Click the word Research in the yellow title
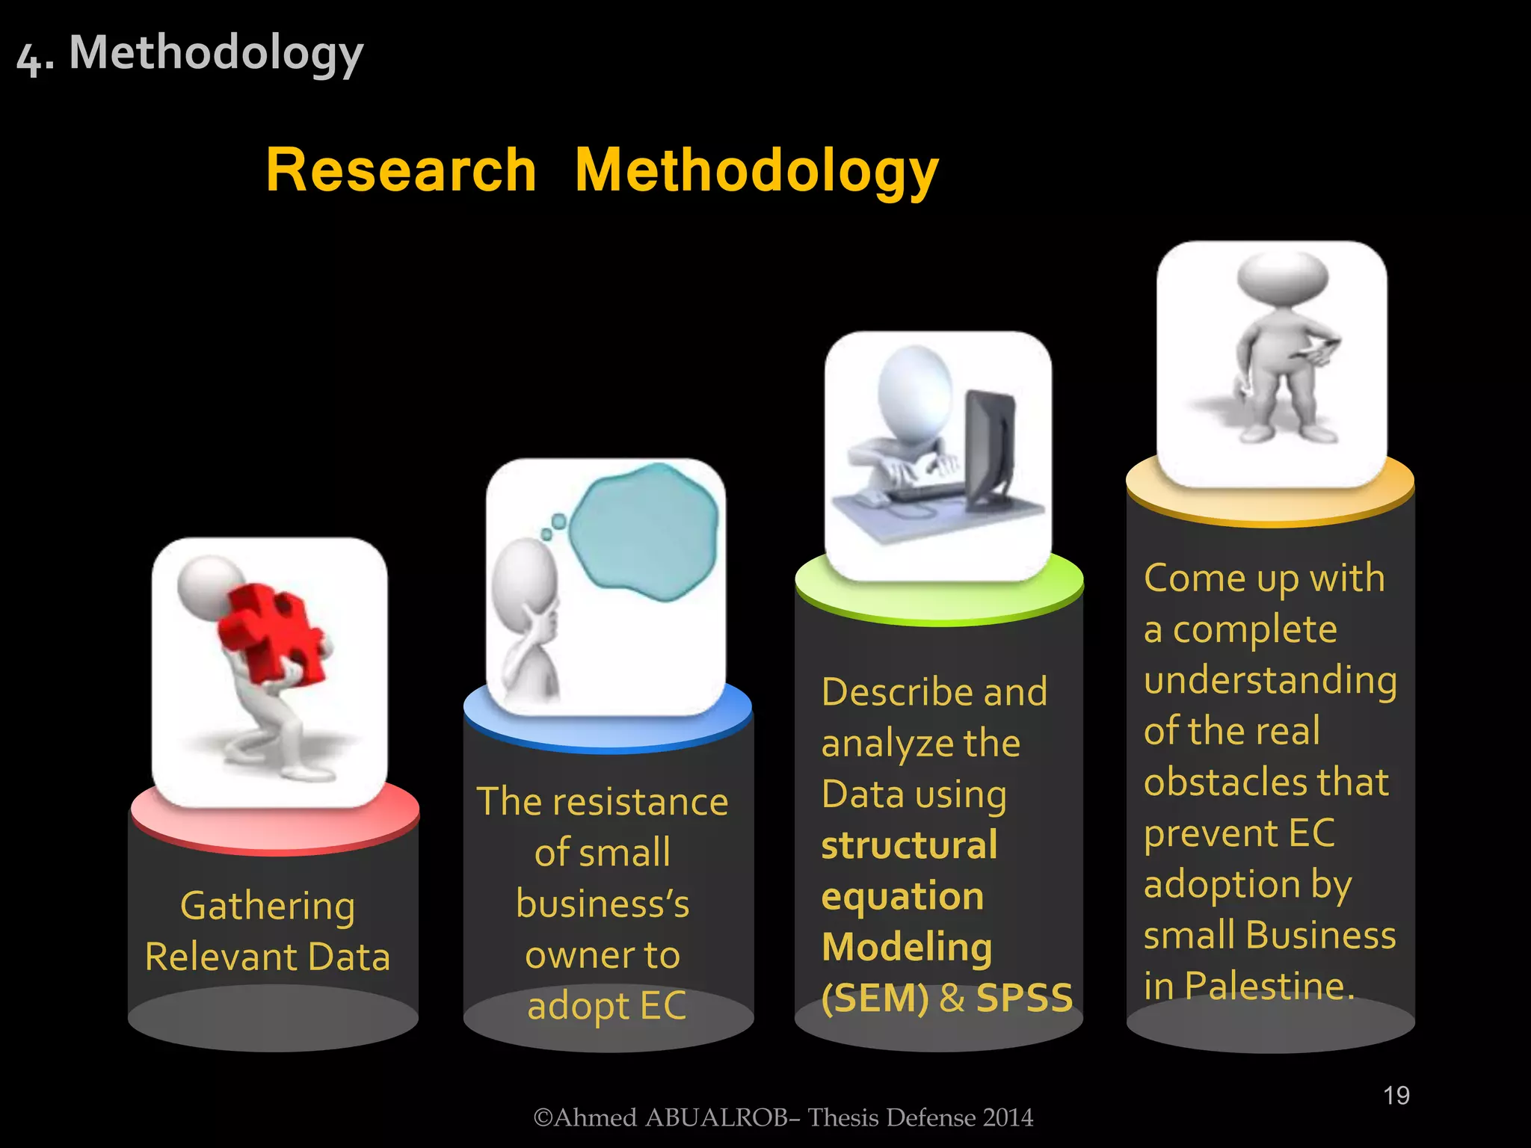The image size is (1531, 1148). tap(401, 170)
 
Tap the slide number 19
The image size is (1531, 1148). tap(1396, 1096)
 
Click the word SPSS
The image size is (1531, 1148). tap(1024, 998)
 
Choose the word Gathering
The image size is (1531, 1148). tap(268, 907)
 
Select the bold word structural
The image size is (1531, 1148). tap(909, 845)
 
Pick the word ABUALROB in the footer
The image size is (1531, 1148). tap(716, 1117)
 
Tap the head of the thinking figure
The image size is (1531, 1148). tap(525, 575)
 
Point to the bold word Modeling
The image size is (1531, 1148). tap(907, 948)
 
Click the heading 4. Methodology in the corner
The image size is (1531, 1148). tap(190, 54)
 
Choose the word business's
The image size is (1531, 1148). tap(603, 904)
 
